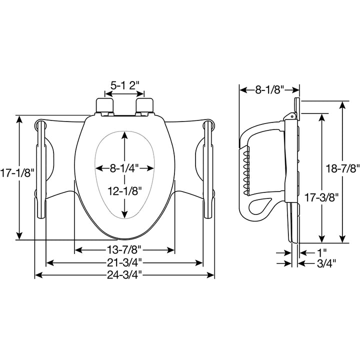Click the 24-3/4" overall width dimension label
pyautogui.click(x=124, y=274)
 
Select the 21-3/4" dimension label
pyautogui.click(x=124, y=262)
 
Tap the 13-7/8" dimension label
pyautogui.click(x=124, y=249)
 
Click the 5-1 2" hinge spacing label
pyautogui.click(x=124, y=85)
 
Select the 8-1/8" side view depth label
pyautogui.click(x=269, y=90)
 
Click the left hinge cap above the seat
pyautogui.click(x=104, y=105)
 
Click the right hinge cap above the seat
pyautogui.click(x=144, y=105)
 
